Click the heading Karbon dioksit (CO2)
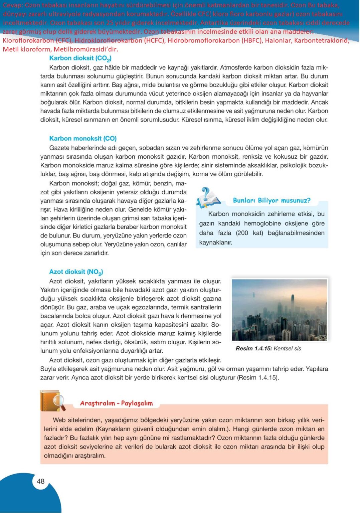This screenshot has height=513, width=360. point(80,58)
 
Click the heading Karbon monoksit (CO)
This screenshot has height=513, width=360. point(83,138)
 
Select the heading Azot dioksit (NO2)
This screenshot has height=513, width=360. point(76,272)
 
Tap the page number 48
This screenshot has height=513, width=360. point(40,481)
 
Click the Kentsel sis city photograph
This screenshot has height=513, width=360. point(279,310)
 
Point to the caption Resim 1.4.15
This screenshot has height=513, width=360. point(253,348)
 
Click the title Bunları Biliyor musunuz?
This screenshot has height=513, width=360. point(271,200)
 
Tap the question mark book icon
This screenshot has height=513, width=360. point(208,198)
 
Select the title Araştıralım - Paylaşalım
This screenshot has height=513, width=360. point(116,403)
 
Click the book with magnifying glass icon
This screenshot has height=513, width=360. point(52,400)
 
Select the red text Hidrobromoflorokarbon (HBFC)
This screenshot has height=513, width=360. point(215,40)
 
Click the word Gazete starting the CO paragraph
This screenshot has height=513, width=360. point(59,148)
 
